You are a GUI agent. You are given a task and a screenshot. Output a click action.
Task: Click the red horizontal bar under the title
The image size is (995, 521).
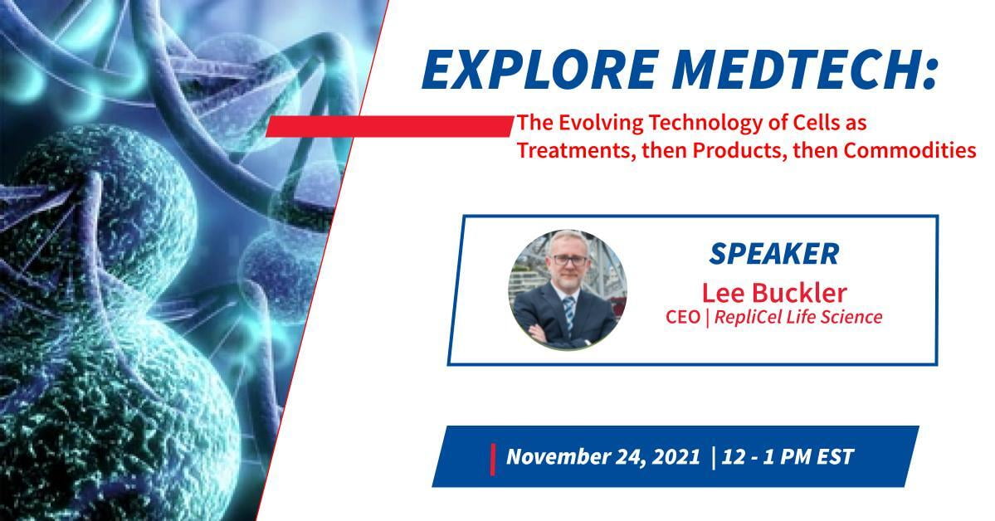[389, 125]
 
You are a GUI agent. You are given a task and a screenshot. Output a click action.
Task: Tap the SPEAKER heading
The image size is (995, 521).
[774, 254]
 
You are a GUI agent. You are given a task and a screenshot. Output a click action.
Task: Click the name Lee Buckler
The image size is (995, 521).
[774, 293]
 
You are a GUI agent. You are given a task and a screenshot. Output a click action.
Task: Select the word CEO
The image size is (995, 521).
[683, 317]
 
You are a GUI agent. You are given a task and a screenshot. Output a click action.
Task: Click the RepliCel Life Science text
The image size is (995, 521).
[798, 317]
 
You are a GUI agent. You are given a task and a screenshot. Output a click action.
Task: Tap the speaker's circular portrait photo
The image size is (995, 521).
[568, 290]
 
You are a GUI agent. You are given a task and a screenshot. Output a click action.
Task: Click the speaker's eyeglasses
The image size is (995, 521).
[569, 260]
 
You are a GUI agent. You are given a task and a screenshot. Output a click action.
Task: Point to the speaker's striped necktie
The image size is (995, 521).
[569, 312]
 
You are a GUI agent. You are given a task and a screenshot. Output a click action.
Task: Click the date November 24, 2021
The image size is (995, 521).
[603, 457]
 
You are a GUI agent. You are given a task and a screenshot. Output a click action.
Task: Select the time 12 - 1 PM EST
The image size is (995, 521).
[788, 456]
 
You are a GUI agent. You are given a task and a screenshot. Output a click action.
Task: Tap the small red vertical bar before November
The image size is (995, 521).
[493, 460]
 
